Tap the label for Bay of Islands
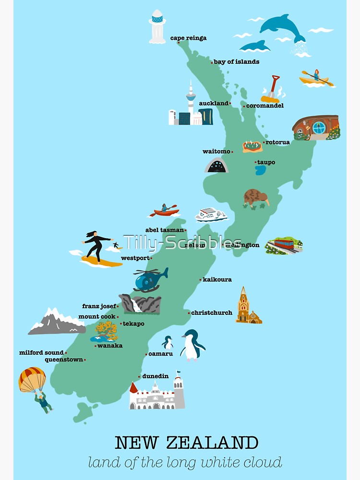236,62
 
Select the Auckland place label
214,103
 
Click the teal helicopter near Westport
150,280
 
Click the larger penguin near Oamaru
192,345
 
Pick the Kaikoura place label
217,279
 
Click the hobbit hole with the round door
316,127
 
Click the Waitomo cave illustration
216,166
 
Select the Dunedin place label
156,376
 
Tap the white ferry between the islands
211,214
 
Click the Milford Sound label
41,353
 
